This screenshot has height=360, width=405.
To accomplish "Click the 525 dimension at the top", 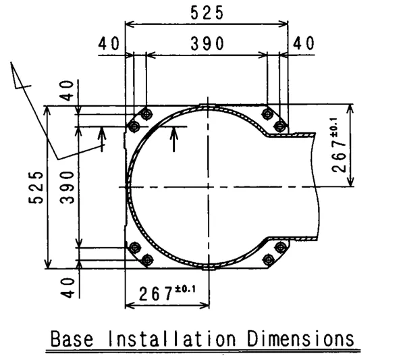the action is tap(207, 13).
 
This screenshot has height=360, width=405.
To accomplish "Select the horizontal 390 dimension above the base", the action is tap(207, 43).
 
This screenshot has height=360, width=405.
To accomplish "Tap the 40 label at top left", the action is tap(109, 43).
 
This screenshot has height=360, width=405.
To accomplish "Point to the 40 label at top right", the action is tap(304, 43).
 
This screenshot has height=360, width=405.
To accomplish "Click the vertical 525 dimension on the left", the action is tap(36, 187).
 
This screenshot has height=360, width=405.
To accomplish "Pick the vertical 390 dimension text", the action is tap(67, 187).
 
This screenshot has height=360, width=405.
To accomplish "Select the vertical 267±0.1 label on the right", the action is tap(338, 145).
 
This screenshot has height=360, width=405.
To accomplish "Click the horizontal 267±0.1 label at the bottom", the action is tap(167, 293).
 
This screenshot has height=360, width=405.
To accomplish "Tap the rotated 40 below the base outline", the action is tap(67, 288).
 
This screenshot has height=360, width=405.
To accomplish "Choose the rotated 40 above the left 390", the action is tap(67, 91).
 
